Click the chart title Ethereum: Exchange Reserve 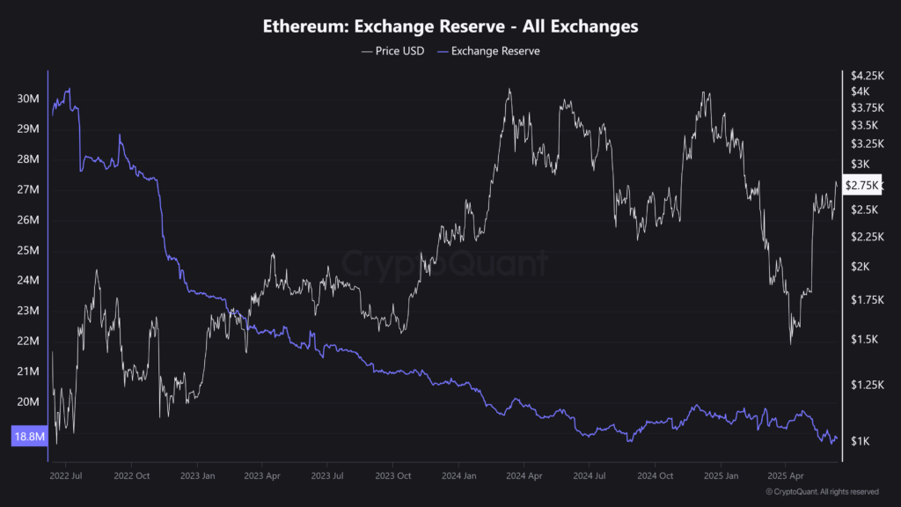pyautogui.click(x=450, y=26)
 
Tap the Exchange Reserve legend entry pyautogui.click(x=494, y=51)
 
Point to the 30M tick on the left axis pyautogui.click(x=27, y=99)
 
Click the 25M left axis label pyautogui.click(x=27, y=250)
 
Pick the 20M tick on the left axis pyautogui.click(x=27, y=401)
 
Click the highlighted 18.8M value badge pyautogui.click(x=27, y=436)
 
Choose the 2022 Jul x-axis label pyautogui.click(x=66, y=474)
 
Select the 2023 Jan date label pyautogui.click(x=196, y=474)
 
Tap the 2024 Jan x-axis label pyautogui.click(x=458, y=474)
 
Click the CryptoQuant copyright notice pyautogui.click(x=821, y=491)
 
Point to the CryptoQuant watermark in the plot pyautogui.click(x=444, y=263)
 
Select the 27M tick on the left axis pyautogui.click(x=27, y=189)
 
